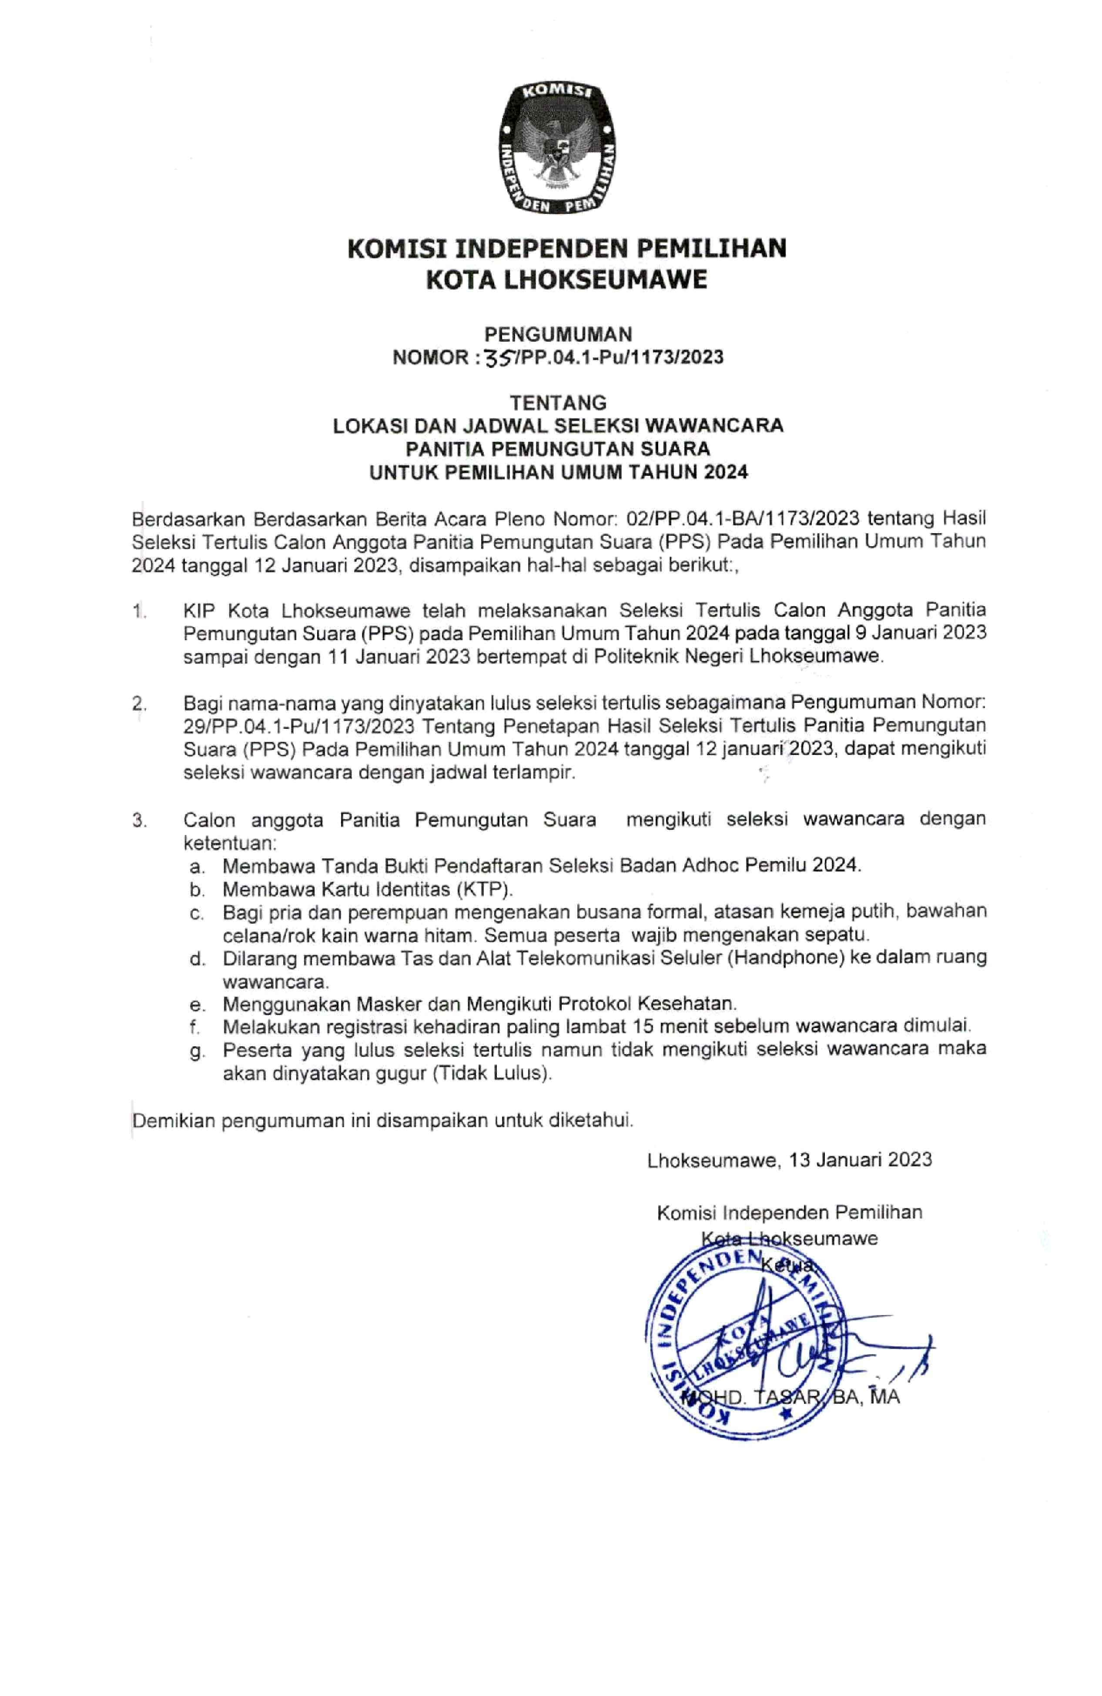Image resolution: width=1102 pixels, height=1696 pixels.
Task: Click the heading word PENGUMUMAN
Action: pos(558,334)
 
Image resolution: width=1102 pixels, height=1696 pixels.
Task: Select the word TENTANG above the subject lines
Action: pos(558,403)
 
